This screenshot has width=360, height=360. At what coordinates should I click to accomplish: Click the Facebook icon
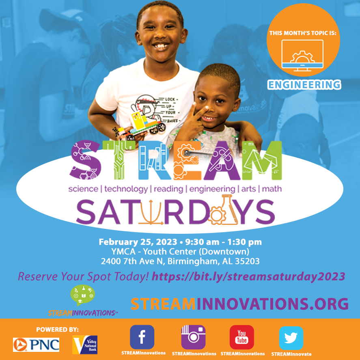click(142, 337)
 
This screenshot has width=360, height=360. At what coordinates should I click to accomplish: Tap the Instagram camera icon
click(193, 337)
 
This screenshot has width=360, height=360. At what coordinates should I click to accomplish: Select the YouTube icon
click(242, 337)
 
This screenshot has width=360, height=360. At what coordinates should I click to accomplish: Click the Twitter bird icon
click(291, 338)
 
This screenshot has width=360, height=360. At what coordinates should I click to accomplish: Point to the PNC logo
click(36, 345)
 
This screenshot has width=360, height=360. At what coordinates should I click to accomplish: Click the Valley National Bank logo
click(85, 345)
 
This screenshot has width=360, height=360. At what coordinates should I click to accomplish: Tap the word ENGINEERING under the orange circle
click(304, 84)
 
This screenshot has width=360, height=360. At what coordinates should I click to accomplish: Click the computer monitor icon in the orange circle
click(302, 55)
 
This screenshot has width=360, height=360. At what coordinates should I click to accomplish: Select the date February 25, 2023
click(138, 242)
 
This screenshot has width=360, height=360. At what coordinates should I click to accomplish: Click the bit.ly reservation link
click(248, 276)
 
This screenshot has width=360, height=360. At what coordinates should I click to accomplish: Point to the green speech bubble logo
click(82, 295)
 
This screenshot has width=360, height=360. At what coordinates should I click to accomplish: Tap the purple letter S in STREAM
click(86, 160)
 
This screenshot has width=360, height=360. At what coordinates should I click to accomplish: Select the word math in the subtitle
click(272, 189)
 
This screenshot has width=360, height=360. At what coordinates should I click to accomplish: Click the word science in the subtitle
click(83, 189)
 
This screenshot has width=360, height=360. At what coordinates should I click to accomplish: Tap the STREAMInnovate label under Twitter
click(291, 354)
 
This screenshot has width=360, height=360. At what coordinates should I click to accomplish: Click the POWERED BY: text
click(57, 330)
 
